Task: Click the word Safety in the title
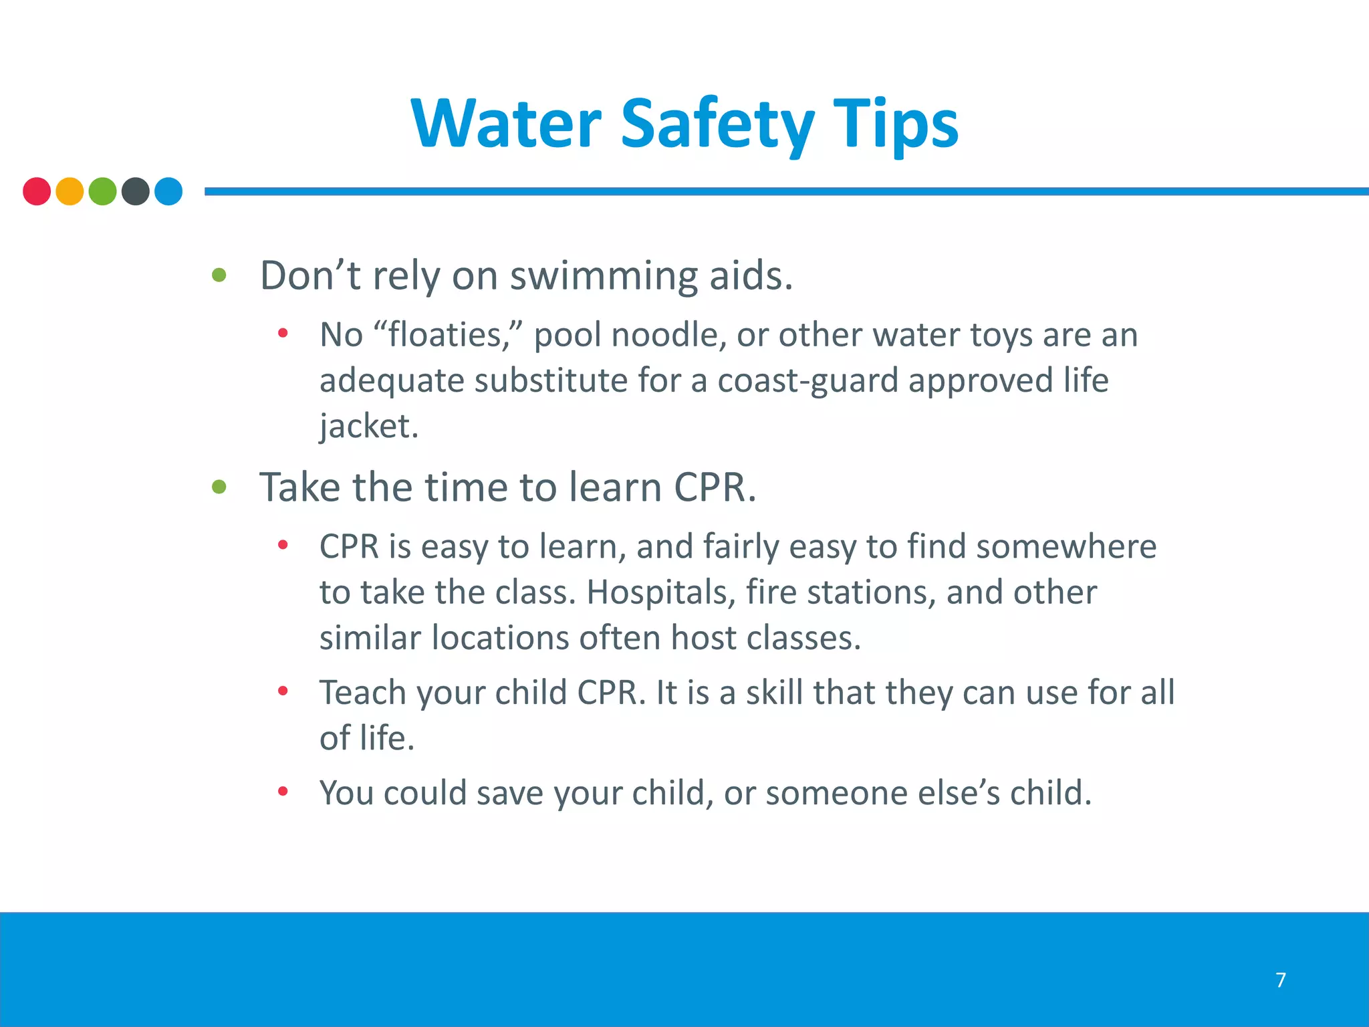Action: pos(717,124)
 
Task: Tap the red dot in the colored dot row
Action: pos(37,191)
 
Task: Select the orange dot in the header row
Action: pos(70,191)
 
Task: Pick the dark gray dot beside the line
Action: pos(136,191)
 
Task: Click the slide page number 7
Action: pos(1281,980)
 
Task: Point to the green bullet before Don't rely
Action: pos(219,275)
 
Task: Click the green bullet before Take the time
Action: pos(219,487)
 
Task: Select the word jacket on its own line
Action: pos(368,426)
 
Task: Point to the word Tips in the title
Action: pos(895,124)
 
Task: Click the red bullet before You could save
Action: pos(283,792)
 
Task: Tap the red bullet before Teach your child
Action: pos(283,691)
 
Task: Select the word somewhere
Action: pos(1066,546)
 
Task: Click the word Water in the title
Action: pos(507,124)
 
